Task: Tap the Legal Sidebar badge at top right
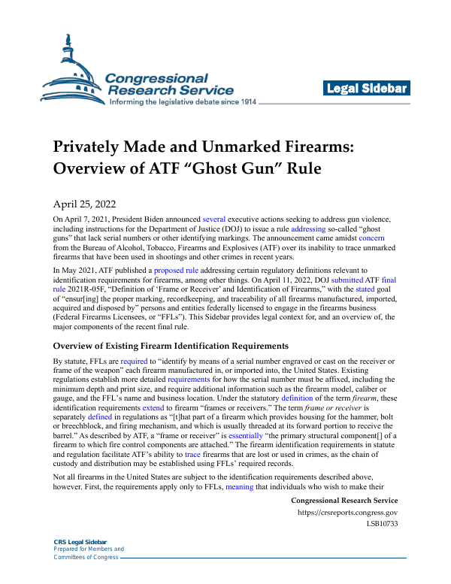point(366,89)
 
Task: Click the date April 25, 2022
point(83,203)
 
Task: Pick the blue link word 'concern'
point(372,238)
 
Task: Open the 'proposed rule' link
point(177,269)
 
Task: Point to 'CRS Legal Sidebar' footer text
point(79,542)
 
